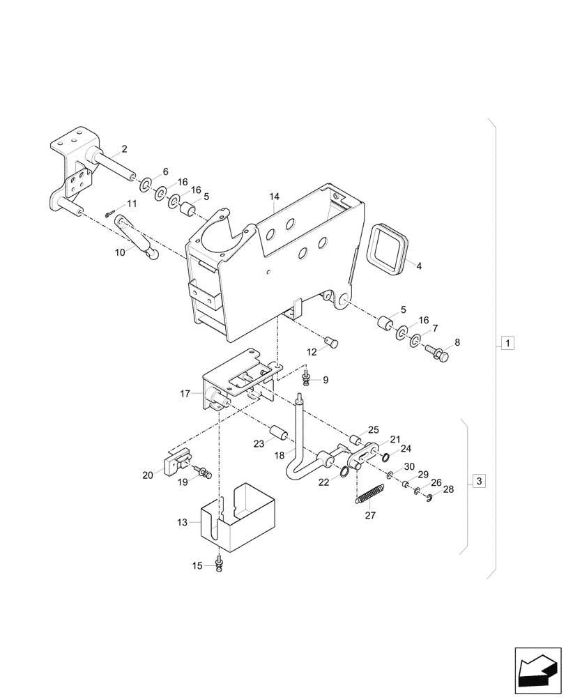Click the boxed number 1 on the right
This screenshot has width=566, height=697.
click(508, 343)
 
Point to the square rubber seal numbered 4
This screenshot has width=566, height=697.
click(388, 248)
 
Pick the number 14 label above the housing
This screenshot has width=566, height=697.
click(275, 199)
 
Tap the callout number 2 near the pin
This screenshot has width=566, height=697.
click(124, 148)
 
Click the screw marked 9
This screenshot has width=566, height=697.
click(307, 378)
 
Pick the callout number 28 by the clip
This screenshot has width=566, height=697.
click(448, 489)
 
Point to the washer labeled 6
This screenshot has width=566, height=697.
click(146, 185)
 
